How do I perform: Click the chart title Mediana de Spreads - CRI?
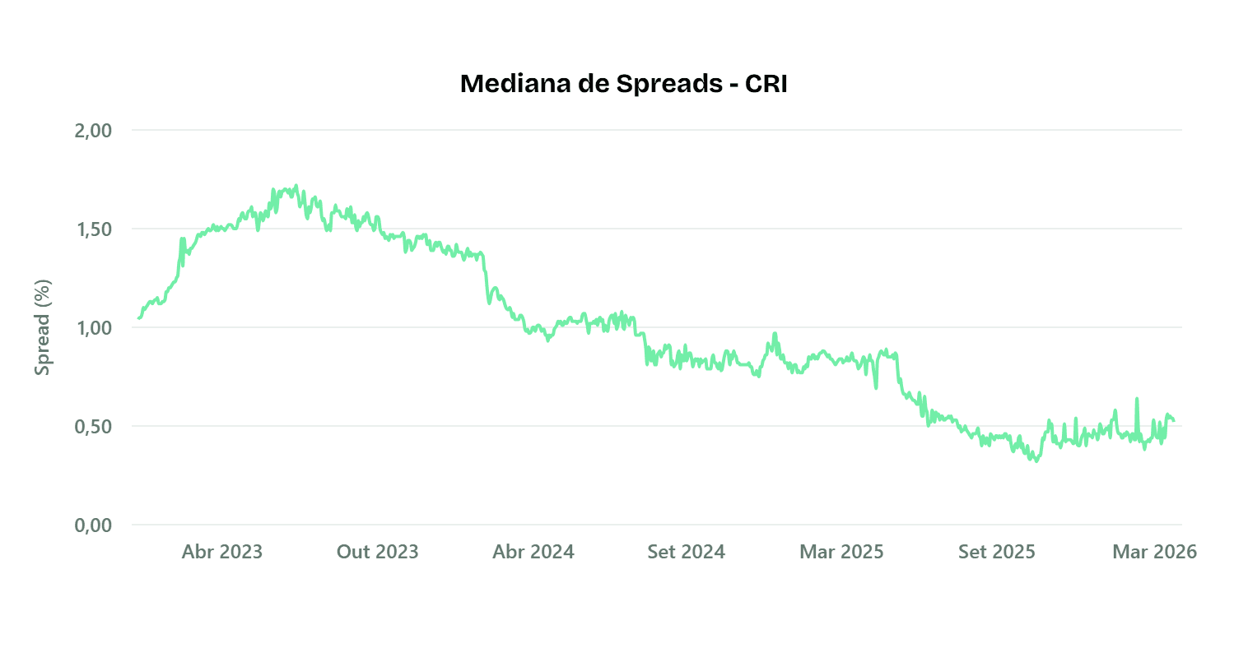pos(623,84)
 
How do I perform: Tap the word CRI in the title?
pos(766,84)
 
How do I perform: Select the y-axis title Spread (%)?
pos(43,327)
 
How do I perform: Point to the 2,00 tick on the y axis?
pos(93,131)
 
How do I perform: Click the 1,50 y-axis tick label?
pos(93,229)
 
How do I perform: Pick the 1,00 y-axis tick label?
pos(93,328)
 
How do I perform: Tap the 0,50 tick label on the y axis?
pos(93,427)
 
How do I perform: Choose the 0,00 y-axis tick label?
pos(93,525)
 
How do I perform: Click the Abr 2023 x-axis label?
pos(222,552)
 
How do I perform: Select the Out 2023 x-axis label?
pos(378,552)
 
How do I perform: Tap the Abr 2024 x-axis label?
pos(533,552)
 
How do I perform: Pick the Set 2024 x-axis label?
pos(687,552)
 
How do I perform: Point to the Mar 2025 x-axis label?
pos(841,552)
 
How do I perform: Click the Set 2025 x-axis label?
pos(997,552)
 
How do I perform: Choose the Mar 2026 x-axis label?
pos(1154,552)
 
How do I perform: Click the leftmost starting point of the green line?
pos(138,318)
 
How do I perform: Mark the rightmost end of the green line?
pos(1174,421)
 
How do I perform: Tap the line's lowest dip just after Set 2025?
pos(1036,461)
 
